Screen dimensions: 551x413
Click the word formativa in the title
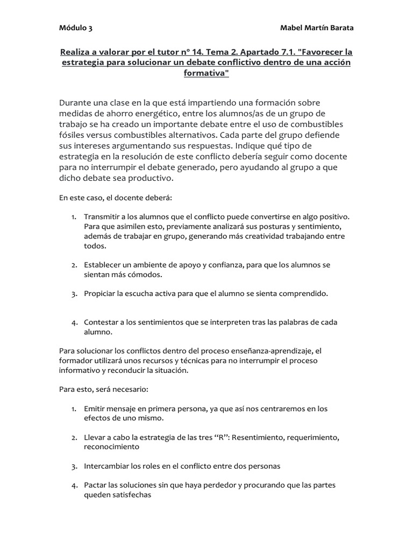206,74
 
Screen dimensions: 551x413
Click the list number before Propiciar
74,294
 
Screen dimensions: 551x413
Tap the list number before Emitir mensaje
74,409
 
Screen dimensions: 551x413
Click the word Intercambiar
105,466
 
